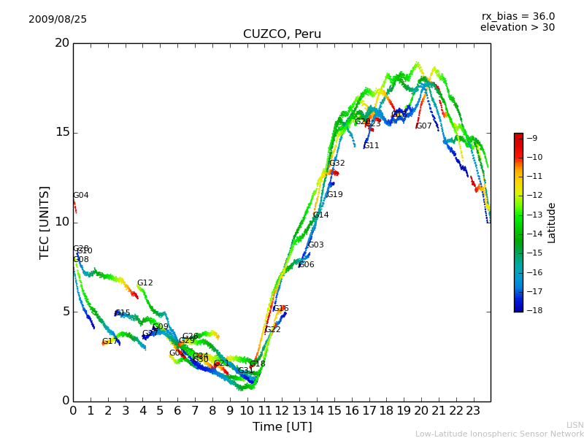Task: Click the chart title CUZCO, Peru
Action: pyautogui.click(x=282, y=34)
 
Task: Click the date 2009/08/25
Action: pyautogui.click(x=58, y=20)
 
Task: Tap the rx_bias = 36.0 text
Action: pyautogui.click(x=518, y=17)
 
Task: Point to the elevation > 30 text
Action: pyautogui.click(x=517, y=28)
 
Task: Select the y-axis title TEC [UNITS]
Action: pyautogui.click(x=45, y=222)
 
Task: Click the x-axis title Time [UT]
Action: pyautogui.click(x=282, y=426)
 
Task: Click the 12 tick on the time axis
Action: pyautogui.click(x=282, y=410)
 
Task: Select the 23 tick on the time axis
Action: pyautogui.click(x=473, y=410)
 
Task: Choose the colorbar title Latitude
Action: pyautogui.click(x=552, y=223)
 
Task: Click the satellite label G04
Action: pyautogui.click(x=81, y=196)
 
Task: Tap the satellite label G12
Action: pyautogui.click(x=145, y=283)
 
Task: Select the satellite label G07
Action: pyautogui.click(x=424, y=126)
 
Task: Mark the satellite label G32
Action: pyautogui.click(x=337, y=164)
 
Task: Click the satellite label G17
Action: pyautogui.click(x=109, y=342)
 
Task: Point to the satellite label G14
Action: pyautogui.click(x=320, y=215)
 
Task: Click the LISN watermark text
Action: pyautogui.click(x=575, y=425)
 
